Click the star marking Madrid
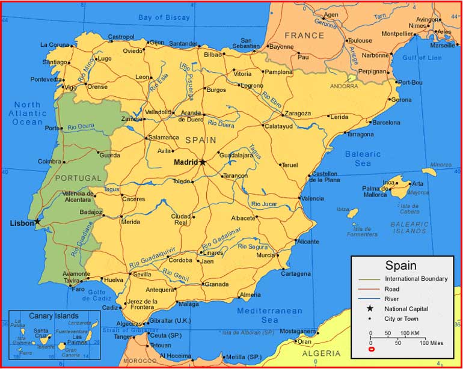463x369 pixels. pyautogui.click(x=203, y=162)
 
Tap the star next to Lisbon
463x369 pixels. pyautogui.click(x=37, y=222)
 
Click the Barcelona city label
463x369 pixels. pyautogui.click(x=385, y=123)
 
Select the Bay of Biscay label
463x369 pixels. pyautogui.click(x=164, y=17)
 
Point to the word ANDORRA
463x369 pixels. pyautogui.click(x=344, y=86)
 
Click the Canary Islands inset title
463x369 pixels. pyautogui.click(x=54, y=316)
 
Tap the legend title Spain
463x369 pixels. pyautogui.click(x=400, y=265)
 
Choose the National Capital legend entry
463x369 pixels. pyautogui.click(x=411, y=308)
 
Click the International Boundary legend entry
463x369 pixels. pyautogui.click(x=416, y=279)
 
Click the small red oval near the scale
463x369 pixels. pyautogui.click(x=371, y=349)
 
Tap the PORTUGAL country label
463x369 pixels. pyautogui.click(x=78, y=178)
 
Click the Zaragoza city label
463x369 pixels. pyautogui.click(x=298, y=114)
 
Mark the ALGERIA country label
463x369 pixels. pyautogui.click(x=320, y=353)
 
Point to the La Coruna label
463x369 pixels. pyautogui.click(x=55, y=44)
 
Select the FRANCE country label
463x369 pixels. pyautogui.click(x=304, y=35)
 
